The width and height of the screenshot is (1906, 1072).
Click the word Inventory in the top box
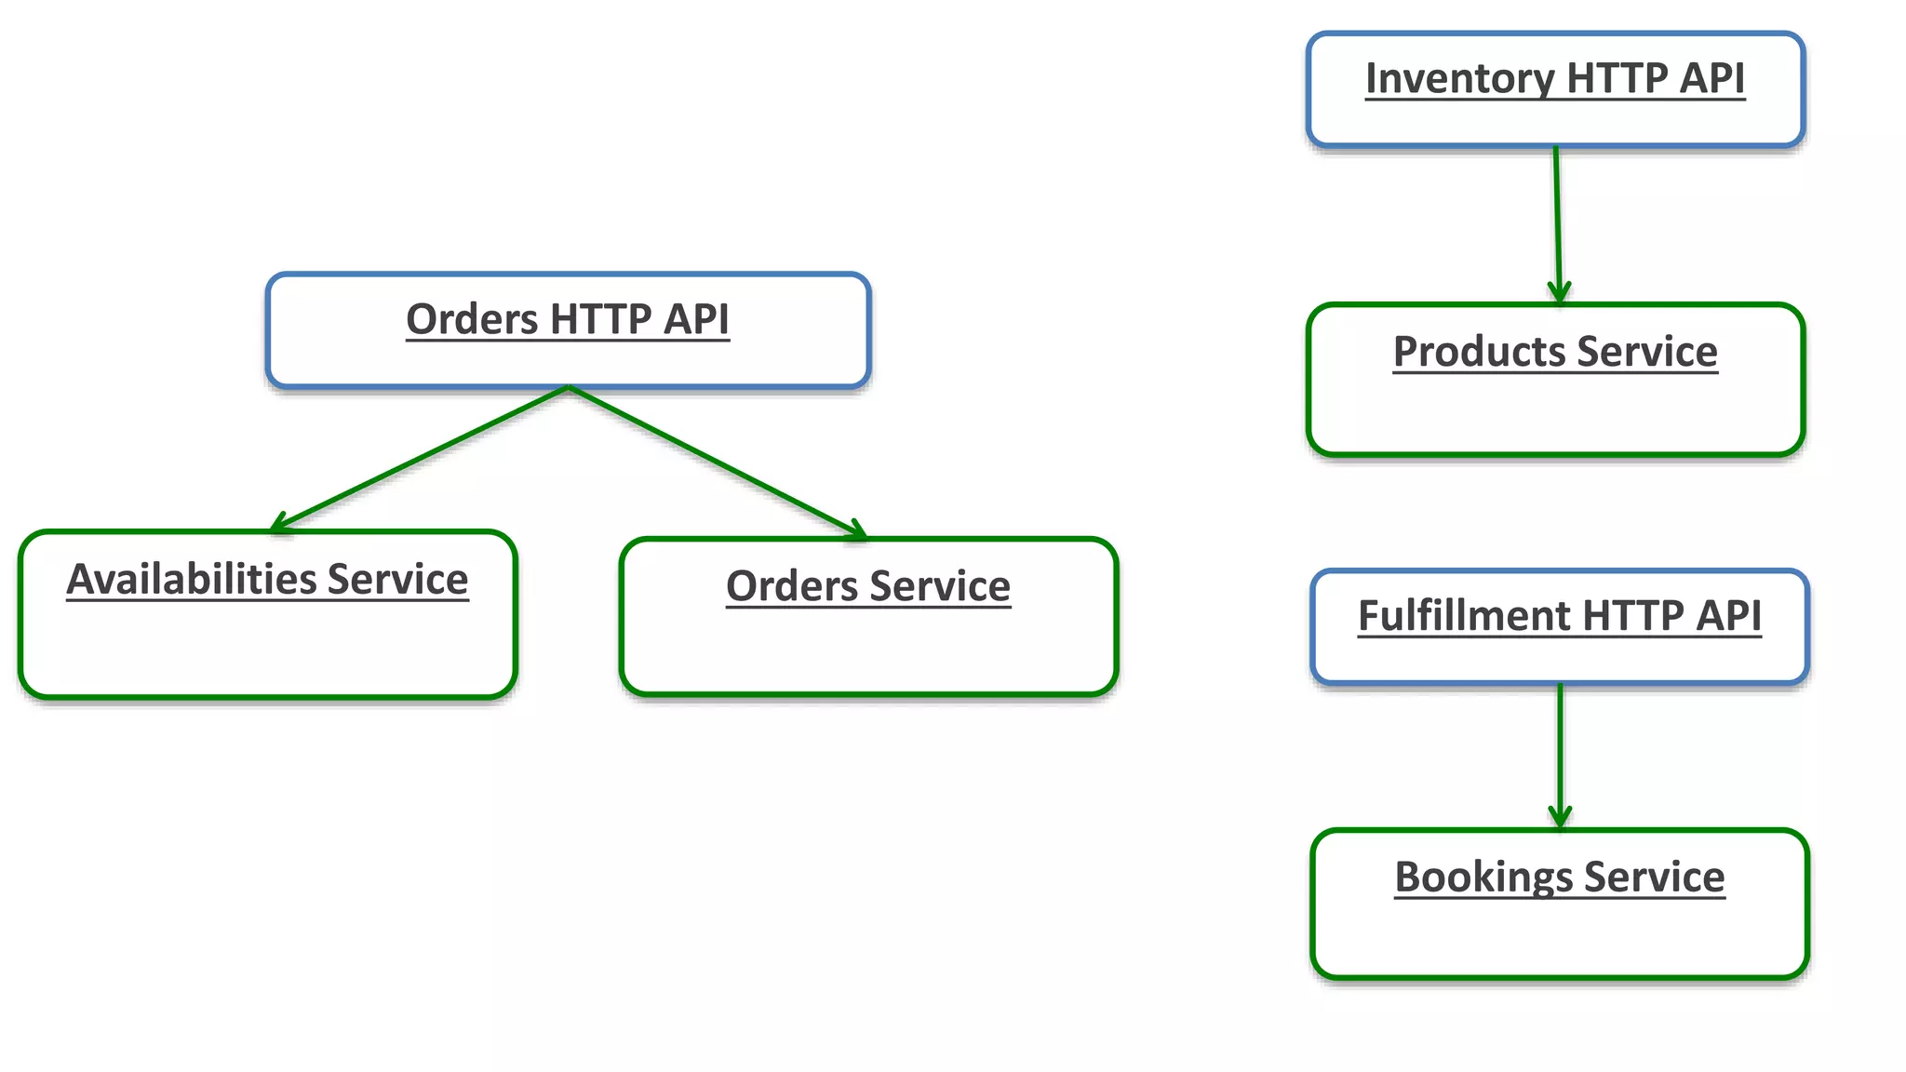(1459, 79)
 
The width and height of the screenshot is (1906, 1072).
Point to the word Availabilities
(191, 580)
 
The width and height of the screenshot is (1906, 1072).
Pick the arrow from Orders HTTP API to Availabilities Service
(419, 459)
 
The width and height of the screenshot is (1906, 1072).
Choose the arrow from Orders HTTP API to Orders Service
(717, 462)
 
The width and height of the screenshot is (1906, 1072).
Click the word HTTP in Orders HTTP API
(600, 320)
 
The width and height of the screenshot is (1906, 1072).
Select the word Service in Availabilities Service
(397, 580)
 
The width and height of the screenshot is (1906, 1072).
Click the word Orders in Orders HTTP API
(472, 320)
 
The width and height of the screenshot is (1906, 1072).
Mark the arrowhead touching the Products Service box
(1559, 293)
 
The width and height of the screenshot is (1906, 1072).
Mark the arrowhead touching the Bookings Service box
(1560, 818)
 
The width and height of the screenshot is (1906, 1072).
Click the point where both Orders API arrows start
(568, 387)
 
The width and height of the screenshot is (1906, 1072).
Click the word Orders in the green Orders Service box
(792, 587)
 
